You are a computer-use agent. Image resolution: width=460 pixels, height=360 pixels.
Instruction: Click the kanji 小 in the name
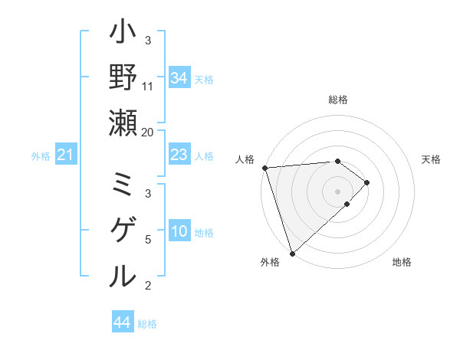(123, 34)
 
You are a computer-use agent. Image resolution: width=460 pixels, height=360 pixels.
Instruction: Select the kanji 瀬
(123, 123)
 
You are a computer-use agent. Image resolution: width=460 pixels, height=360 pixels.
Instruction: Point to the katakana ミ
(123, 185)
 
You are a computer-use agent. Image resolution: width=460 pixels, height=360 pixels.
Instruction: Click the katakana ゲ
(123, 230)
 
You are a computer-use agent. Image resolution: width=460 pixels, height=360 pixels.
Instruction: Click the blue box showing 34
(179, 78)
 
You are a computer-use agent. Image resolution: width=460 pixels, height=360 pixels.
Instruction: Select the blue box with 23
(179, 155)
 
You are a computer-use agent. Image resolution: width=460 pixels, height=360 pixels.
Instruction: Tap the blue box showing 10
(179, 232)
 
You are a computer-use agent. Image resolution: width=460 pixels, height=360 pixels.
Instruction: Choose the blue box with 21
(65, 156)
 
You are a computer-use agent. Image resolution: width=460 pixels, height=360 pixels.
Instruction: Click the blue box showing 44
(122, 322)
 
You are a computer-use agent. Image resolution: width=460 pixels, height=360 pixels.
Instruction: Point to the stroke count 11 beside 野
(148, 86)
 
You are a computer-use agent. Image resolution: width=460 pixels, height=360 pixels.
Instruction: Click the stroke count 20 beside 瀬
(148, 132)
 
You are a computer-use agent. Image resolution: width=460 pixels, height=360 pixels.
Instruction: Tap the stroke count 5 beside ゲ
(148, 240)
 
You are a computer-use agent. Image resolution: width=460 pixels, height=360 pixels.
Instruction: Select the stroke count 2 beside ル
(148, 286)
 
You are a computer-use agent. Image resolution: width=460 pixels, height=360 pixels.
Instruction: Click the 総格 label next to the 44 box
(147, 324)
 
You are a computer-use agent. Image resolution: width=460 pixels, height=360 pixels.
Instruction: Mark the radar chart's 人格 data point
(264, 167)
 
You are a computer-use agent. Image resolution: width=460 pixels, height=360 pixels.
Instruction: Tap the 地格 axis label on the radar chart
(402, 262)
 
